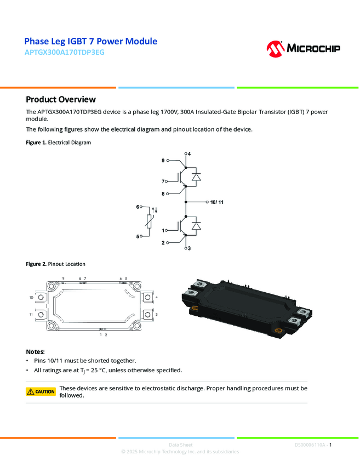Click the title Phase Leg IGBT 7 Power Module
(91, 42)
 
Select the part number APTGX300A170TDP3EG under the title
(64, 53)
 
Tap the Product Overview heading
(61, 99)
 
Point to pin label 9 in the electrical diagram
(163, 161)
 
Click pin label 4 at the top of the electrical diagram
(190, 154)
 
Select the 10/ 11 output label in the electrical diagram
(217, 202)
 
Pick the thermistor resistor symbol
(148, 221)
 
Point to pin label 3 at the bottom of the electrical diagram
(190, 249)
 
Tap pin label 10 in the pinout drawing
(31, 297)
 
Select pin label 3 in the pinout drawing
(157, 314)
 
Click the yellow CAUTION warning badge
(41, 391)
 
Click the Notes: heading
(36, 351)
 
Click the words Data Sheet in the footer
(180, 445)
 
